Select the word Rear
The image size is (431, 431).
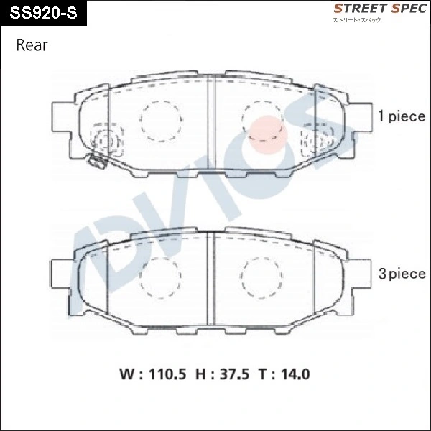click(31, 46)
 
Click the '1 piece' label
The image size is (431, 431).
click(402, 116)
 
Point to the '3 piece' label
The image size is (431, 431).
click(402, 274)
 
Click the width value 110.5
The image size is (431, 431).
click(167, 374)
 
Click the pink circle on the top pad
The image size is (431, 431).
click(267, 134)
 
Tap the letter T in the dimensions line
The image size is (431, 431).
click(264, 374)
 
